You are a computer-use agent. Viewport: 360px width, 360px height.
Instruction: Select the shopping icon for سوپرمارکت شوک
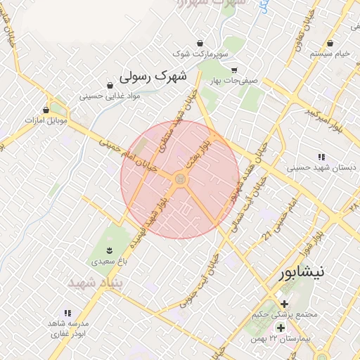point(200,43)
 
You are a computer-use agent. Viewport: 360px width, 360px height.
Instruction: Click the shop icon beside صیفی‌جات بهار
point(234,70)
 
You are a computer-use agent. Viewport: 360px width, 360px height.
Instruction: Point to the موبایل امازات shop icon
point(46,110)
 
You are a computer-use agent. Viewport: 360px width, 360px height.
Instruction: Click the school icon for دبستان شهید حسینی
point(321,157)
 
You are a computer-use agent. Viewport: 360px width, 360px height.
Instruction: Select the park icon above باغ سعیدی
point(109,250)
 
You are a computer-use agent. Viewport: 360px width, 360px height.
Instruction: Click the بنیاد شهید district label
point(96,282)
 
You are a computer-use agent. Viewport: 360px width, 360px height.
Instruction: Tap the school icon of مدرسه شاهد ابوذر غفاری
point(67,312)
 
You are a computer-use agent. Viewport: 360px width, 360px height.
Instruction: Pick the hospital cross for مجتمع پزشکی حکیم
point(284,303)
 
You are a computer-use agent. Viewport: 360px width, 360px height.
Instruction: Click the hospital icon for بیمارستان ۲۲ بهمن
point(281,328)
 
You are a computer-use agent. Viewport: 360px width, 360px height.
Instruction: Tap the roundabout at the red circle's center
point(180,180)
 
